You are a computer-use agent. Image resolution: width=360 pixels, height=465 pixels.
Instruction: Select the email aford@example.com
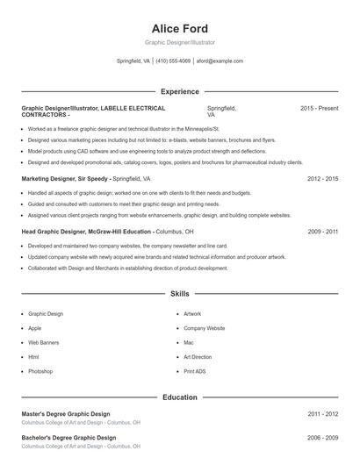[220, 61]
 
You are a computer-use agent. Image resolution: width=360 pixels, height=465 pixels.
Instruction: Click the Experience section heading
[179, 91]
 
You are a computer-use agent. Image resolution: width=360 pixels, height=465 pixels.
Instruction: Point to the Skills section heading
[179, 294]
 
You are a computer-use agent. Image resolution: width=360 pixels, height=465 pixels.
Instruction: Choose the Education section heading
[179, 397]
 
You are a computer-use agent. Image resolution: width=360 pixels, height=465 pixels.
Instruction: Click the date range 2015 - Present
[319, 108]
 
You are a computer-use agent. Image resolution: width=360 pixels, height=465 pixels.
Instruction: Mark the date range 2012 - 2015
[322, 178]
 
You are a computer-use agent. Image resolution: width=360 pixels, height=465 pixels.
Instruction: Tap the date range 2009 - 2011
[322, 232]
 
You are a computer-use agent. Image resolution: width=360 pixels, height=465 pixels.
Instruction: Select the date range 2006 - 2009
[322, 437]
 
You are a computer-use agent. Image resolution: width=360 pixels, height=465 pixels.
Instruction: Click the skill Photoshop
[40, 372]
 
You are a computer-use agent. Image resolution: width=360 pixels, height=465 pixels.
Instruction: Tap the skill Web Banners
[43, 342]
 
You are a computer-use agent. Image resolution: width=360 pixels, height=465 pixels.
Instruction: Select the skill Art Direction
[198, 357]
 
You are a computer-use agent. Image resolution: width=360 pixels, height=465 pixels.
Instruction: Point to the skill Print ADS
[195, 372]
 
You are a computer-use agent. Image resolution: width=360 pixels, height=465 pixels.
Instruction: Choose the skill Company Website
[204, 327]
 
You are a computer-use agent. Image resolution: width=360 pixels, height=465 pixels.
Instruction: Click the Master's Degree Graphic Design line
[66, 413]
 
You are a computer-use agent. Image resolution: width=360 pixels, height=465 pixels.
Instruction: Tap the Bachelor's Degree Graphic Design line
[68, 437]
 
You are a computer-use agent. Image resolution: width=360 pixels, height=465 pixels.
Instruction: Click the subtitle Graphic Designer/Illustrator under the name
[179, 42]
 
